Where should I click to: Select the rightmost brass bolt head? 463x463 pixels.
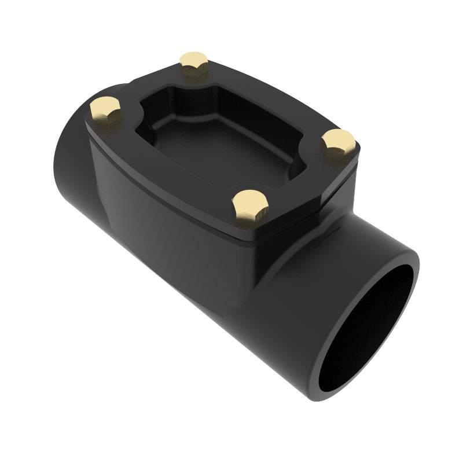pyautogui.click(x=338, y=142)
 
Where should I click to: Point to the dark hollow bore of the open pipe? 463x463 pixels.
pyautogui.click(x=370, y=324)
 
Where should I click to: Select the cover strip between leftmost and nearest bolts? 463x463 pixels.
pyautogui.click(x=168, y=168)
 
